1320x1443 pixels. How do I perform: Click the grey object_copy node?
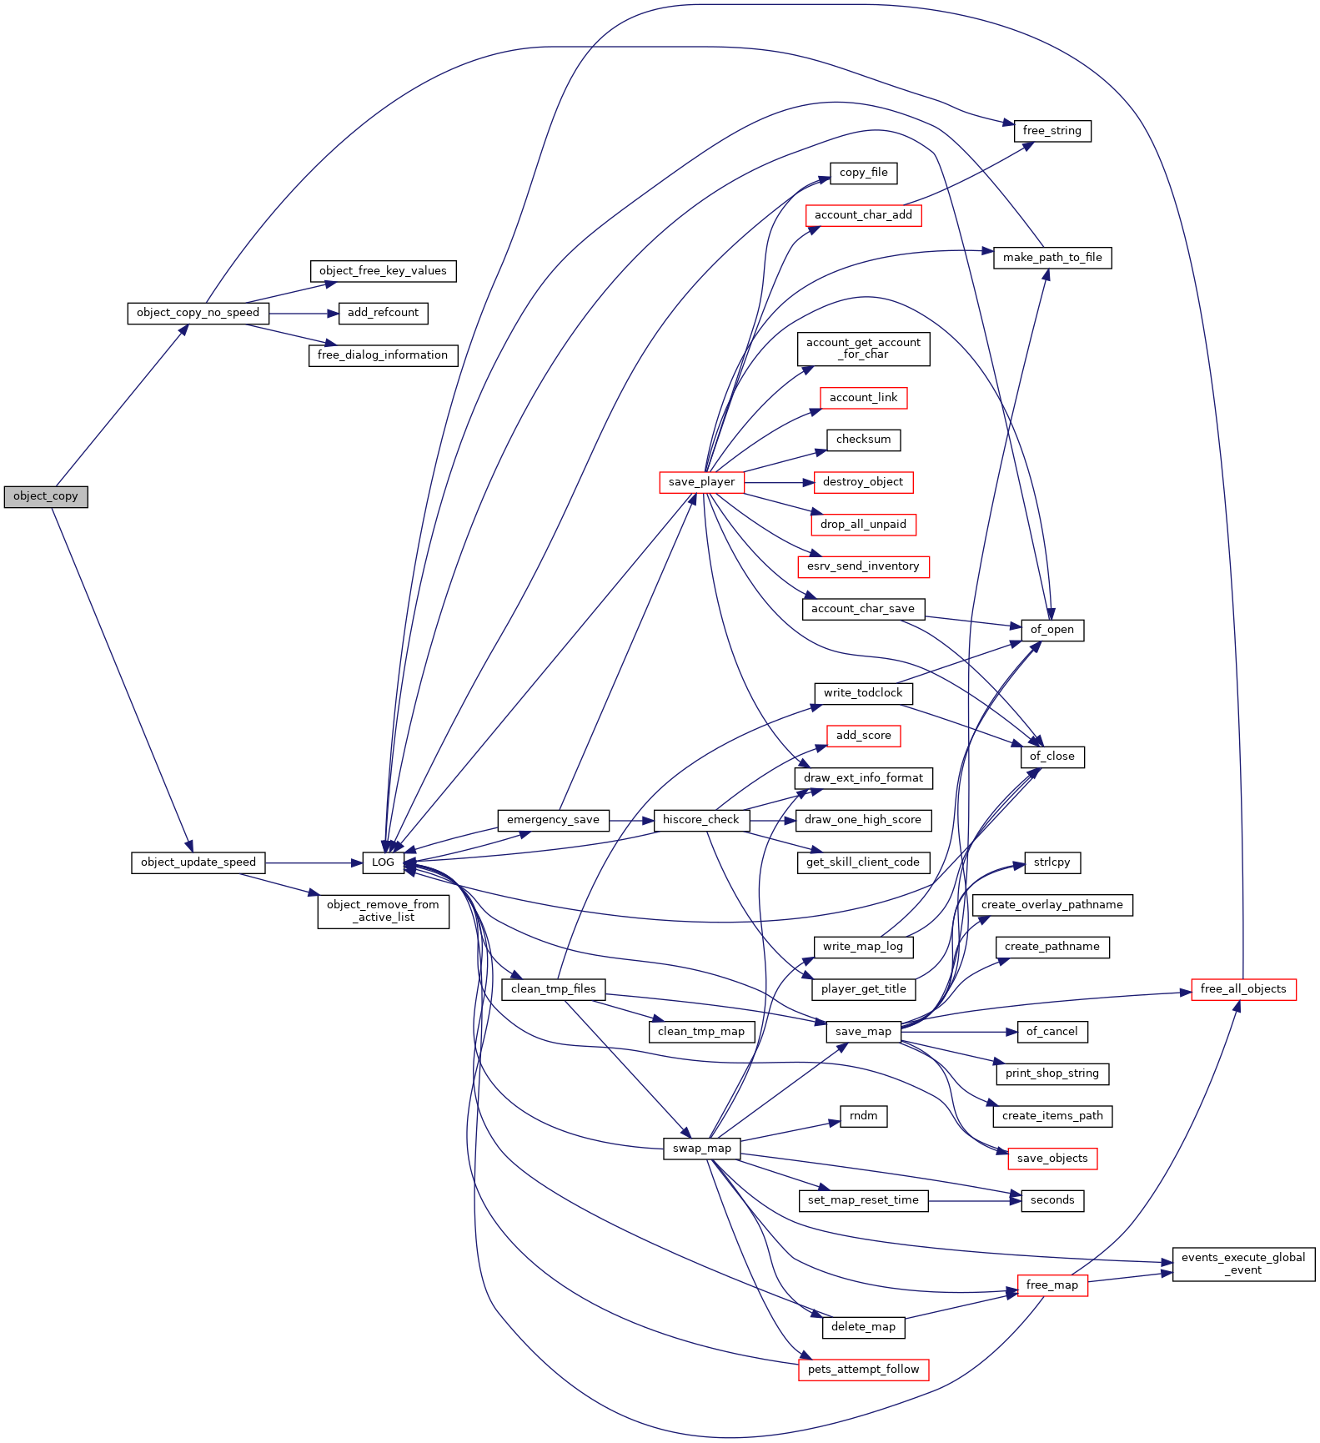(46, 496)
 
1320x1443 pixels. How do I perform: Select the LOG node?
(383, 862)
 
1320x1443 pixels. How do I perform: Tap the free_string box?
(1052, 131)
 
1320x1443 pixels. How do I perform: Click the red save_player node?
(701, 482)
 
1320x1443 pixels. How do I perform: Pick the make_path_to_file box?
(1052, 258)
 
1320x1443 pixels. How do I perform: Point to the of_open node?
(1052, 630)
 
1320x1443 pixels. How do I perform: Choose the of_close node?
(1052, 757)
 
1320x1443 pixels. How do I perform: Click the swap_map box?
(701, 1149)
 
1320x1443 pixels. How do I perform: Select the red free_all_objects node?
(1243, 989)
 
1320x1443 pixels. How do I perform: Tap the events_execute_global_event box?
(1243, 1264)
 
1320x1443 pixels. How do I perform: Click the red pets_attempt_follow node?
(863, 1370)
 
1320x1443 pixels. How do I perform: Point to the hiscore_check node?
(701, 820)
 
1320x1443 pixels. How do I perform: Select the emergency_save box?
(553, 820)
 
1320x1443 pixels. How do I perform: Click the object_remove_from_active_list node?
(383, 911)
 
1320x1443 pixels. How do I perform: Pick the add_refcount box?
(383, 313)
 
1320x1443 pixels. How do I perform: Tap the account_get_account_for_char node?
(863, 349)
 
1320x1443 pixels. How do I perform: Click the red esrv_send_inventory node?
(863, 566)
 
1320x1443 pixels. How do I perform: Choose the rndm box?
(863, 1116)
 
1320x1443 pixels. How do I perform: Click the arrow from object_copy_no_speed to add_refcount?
(304, 314)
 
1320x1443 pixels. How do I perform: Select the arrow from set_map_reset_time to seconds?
(975, 1201)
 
